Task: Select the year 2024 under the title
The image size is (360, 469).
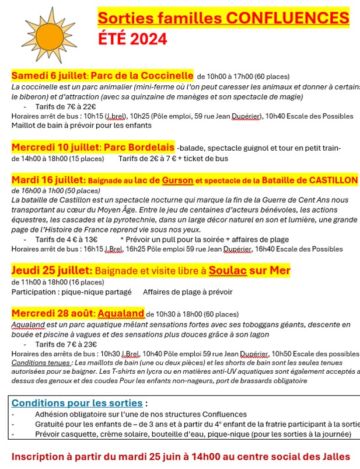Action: (148, 39)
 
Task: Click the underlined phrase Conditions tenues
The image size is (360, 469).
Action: (39, 362)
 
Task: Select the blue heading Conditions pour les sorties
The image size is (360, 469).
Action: (77, 403)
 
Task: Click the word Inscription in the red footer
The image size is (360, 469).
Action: (43, 456)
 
